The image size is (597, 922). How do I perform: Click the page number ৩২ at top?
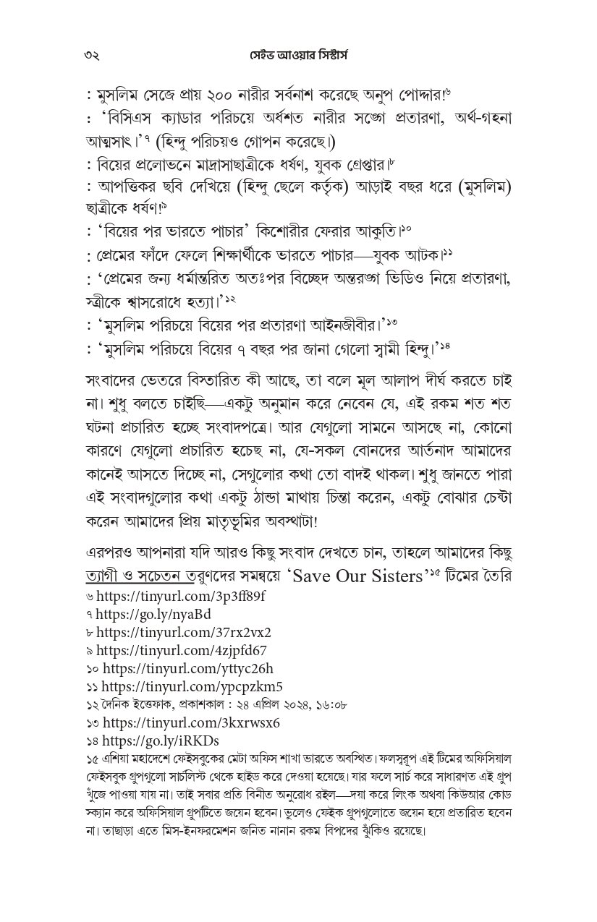point(91,56)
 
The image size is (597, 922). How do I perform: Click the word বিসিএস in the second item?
point(131,118)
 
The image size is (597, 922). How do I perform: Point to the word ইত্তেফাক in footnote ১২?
point(142,704)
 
